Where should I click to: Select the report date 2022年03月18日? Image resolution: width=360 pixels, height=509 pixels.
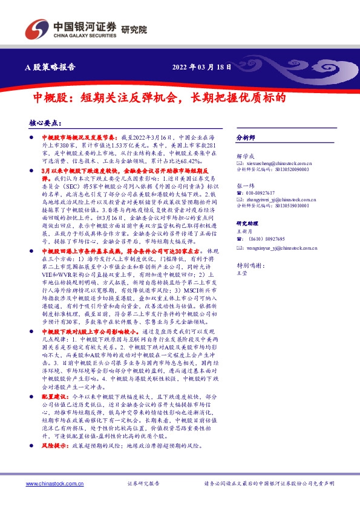coord(201,66)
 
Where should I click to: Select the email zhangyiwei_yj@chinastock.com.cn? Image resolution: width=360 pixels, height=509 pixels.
coord(275,199)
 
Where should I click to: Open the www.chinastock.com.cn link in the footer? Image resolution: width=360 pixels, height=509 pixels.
coord(54,484)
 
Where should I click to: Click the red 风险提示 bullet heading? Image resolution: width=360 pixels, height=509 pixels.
coord(54,444)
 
